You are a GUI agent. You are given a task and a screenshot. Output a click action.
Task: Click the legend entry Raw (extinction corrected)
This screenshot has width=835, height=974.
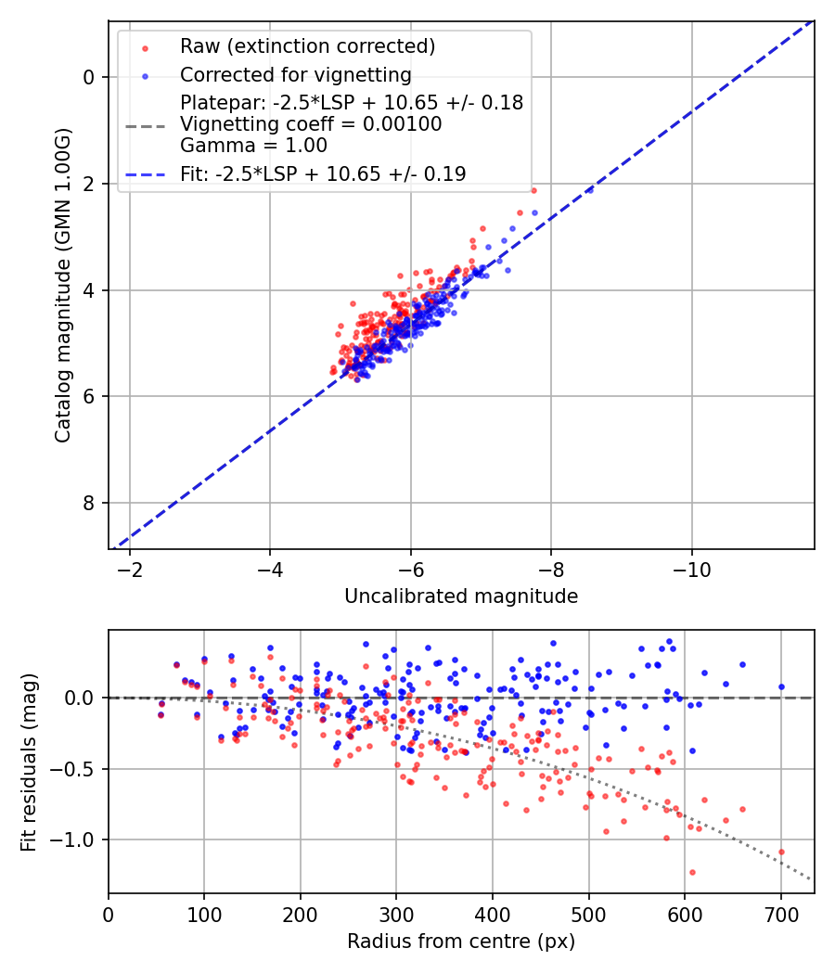coord(307,46)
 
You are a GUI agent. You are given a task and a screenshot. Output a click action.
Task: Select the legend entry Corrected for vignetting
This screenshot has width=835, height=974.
coord(296,75)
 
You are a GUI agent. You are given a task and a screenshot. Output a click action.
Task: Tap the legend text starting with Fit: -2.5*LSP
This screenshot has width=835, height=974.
coord(323,173)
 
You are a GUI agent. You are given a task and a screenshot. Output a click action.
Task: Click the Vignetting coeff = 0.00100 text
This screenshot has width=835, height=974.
coord(311,124)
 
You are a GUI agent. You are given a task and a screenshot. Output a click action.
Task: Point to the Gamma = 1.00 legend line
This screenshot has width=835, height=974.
coord(253,145)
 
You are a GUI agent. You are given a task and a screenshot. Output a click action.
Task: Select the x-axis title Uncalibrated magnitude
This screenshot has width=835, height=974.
coord(461,596)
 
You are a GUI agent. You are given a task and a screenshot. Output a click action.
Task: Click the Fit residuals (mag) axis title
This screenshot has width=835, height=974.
coord(29,762)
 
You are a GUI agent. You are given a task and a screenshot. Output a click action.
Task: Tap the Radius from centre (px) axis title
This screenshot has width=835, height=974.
coord(461,942)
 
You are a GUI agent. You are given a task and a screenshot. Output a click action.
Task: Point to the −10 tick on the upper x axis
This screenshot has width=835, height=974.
coord(691,568)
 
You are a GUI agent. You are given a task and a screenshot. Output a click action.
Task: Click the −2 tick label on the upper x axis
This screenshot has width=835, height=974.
coord(130,568)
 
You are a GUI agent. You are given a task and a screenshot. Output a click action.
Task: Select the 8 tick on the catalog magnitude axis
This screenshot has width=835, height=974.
coord(89,503)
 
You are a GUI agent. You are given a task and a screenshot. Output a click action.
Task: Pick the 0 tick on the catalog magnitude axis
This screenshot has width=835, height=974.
coord(89,77)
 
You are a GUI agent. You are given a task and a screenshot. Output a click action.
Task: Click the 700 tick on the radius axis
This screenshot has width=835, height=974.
coord(780,913)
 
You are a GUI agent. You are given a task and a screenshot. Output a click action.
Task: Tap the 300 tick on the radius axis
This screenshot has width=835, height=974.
coord(396,913)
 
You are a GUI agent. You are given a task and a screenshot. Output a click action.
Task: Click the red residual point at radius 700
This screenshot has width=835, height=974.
coord(781,852)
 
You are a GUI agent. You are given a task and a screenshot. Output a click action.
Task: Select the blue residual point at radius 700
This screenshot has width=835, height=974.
coord(781,687)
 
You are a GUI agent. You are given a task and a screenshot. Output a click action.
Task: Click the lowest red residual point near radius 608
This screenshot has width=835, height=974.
coord(692,872)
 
